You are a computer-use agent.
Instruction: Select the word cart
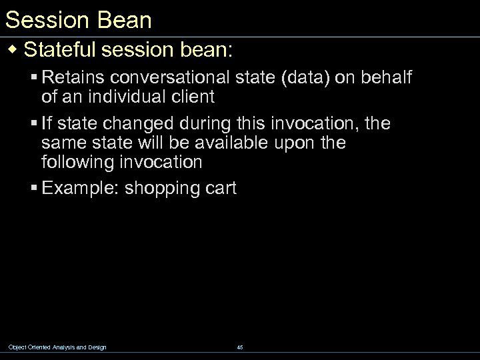pyautogui.click(x=219, y=189)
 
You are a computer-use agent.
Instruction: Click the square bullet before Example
pyautogui.click(x=33, y=189)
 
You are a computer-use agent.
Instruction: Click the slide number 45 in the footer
pyautogui.click(x=240, y=347)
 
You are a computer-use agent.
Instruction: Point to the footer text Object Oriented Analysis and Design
pyautogui.click(x=57, y=347)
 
